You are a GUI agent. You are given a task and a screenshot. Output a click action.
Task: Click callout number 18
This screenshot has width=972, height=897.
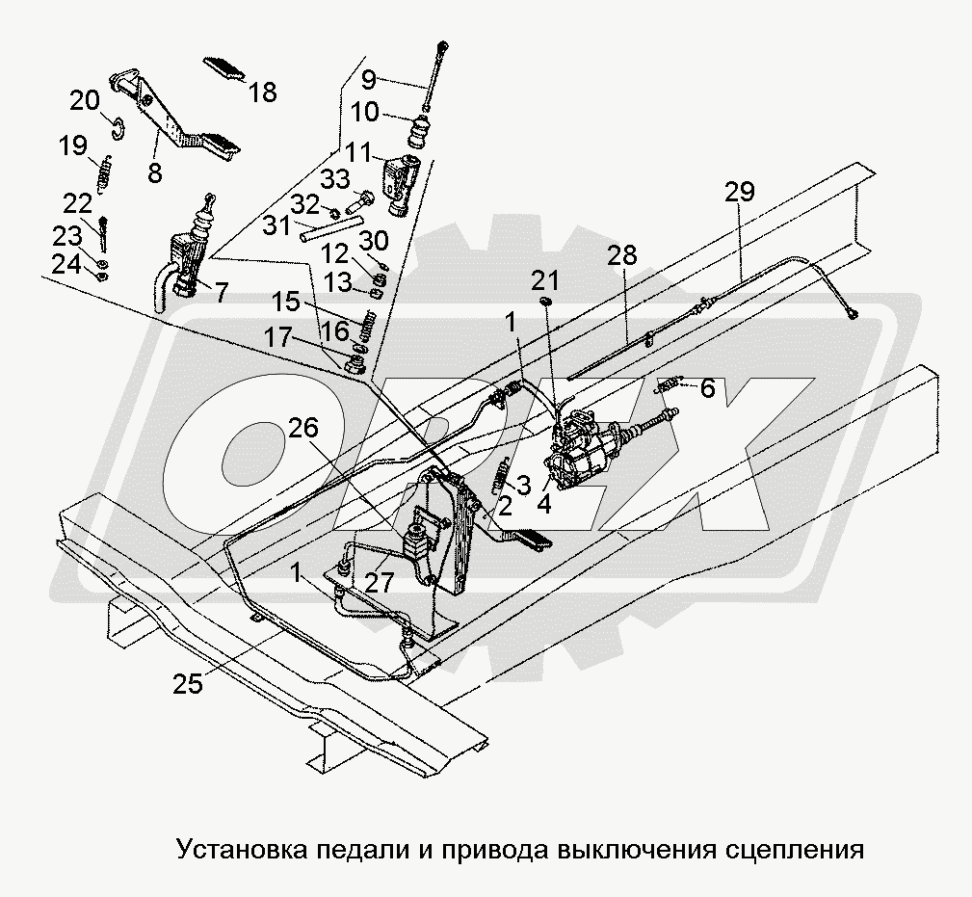[262, 92]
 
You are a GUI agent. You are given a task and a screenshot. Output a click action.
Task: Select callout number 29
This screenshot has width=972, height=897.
[740, 193]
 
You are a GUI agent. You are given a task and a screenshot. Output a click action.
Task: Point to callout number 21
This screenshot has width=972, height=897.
[545, 280]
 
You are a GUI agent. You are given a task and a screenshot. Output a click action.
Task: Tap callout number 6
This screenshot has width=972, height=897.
[707, 388]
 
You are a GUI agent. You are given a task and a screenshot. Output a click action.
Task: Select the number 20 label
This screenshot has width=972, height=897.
[84, 100]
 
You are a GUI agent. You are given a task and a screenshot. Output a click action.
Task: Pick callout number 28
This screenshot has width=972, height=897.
[622, 255]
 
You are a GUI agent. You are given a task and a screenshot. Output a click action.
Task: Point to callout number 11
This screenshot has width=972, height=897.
[358, 151]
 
